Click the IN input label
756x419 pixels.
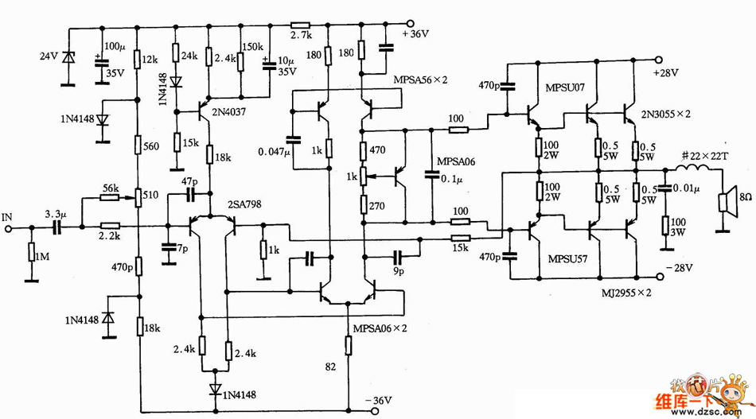[x=8, y=215]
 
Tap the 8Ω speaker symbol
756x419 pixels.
[x=725, y=204]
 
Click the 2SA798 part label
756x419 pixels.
[x=242, y=205]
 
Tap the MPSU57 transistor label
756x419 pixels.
[x=567, y=259]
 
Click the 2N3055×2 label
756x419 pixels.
[x=665, y=114]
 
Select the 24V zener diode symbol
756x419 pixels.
[x=70, y=57]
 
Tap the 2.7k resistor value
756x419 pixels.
[x=300, y=37]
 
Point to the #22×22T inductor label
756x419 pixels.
[x=705, y=157]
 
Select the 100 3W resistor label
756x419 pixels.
[x=678, y=226]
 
